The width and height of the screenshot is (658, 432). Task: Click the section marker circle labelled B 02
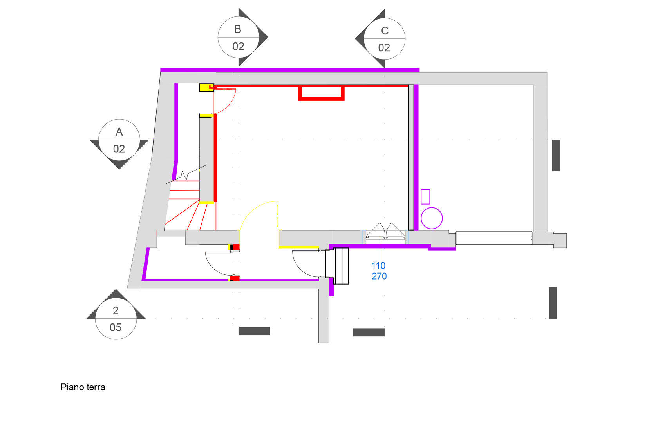click(238, 38)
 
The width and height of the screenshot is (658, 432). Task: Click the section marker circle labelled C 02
click(384, 39)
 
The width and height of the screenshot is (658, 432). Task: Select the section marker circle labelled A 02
click(119, 140)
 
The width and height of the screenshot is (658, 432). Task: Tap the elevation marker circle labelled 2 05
click(116, 319)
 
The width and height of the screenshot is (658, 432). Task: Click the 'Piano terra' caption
click(83, 387)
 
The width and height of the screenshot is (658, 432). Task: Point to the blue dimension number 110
click(378, 265)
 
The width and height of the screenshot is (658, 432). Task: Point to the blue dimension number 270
click(379, 276)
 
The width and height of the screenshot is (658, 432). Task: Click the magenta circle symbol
click(432, 218)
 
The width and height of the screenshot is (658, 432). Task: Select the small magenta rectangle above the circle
click(425, 196)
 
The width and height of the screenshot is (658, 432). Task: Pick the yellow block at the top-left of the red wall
click(206, 87)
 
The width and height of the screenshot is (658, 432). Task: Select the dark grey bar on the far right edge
click(556, 155)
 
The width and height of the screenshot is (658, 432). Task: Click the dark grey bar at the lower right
click(553, 303)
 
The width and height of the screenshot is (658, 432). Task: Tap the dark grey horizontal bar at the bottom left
click(254, 331)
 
